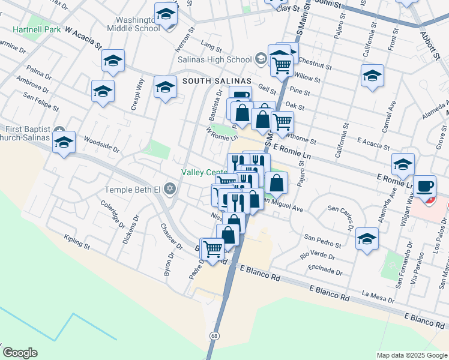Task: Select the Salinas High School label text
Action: pyautogui.click(x=214, y=59)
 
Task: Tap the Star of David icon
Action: pyautogui.click(x=170, y=190)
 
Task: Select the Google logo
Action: pyautogui.click(x=20, y=353)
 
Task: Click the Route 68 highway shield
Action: pyautogui.click(x=214, y=336)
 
